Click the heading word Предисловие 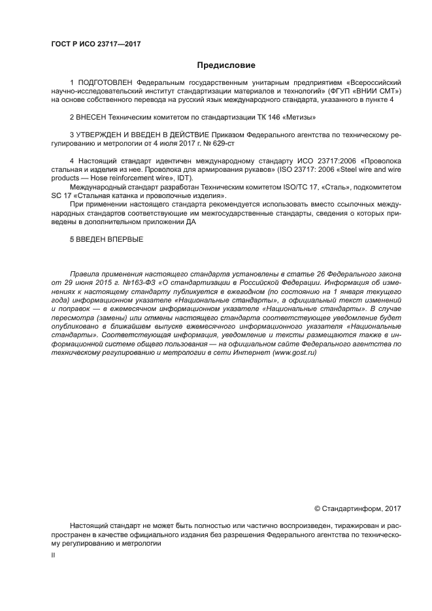point(226,65)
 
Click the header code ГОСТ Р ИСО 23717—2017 point(95,44)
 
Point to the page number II point(53,555)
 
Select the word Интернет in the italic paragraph point(247,352)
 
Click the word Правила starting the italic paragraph point(86,274)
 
